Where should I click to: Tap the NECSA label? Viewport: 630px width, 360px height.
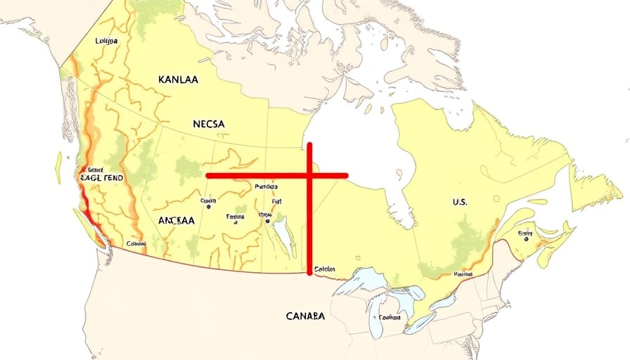(x=208, y=124)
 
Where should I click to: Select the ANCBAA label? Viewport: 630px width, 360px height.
(x=176, y=219)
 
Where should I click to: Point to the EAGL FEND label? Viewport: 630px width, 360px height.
(x=101, y=179)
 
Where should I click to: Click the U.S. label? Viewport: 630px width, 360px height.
(x=460, y=202)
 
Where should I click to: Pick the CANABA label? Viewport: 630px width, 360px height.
(x=306, y=316)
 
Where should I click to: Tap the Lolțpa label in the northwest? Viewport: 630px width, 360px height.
(x=106, y=41)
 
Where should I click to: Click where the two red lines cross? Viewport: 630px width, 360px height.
(x=309, y=175)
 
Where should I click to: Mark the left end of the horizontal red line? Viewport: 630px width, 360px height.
(x=207, y=175)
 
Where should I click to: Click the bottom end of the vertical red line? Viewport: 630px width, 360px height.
(x=309, y=273)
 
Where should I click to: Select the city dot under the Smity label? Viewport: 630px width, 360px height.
(x=525, y=239)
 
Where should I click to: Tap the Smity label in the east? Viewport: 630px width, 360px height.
(x=525, y=232)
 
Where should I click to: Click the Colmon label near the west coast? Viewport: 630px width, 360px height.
(x=136, y=244)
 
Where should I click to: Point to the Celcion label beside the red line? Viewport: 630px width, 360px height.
(x=324, y=269)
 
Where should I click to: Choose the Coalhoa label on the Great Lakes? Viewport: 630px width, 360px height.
(x=390, y=317)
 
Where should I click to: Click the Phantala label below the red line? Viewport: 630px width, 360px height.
(x=266, y=187)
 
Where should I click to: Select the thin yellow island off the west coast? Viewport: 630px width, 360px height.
(x=58, y=167)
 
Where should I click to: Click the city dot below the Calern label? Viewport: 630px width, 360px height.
(x=208, y=208)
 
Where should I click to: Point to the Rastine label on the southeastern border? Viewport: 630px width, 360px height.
(x=463, y=274)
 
